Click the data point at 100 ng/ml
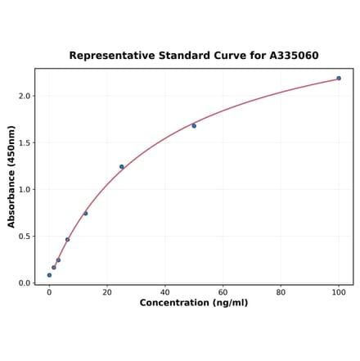(339, 79)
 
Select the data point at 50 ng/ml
(194, 125)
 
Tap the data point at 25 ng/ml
(122, 167)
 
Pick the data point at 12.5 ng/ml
(85, 214)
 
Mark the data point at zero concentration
(49, 275)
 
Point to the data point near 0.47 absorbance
(67, 240)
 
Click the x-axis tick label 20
(107, 291)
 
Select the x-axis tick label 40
(165, 291)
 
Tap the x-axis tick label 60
(223, 291)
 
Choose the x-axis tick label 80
(281, 291)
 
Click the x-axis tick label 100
(339, 291)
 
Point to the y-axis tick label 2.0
(25, 96)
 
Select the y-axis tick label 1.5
(25, 142)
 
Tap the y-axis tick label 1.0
(25, 189)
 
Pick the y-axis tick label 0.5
(25, 237)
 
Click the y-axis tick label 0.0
(25, 283)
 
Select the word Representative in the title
(110, 56)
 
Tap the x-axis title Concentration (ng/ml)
(194, 303)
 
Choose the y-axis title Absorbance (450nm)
(11, 176)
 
